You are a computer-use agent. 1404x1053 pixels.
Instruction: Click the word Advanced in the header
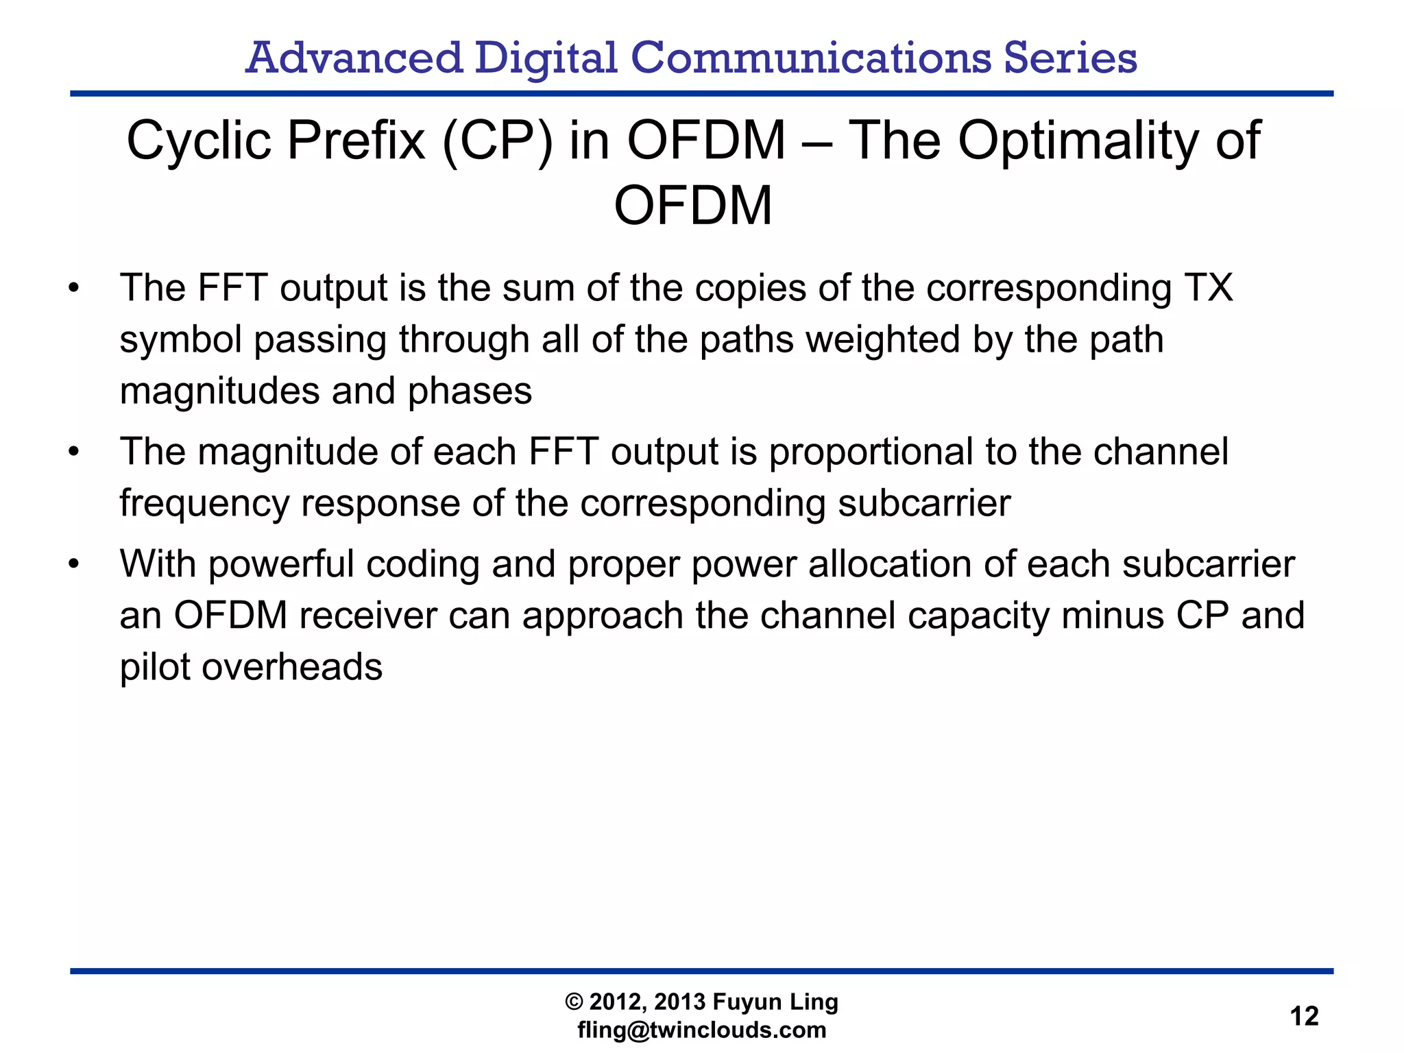[x=354, y=58]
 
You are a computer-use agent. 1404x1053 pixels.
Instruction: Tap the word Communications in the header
[x=811, y=58]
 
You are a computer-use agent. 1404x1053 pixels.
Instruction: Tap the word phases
[x=470, y=391]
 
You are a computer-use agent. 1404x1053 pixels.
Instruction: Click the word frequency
[x=204, y=504]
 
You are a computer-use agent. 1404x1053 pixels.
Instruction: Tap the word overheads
[x=291, y=667]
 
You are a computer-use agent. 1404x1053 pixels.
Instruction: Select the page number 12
[x=1304, y=1016]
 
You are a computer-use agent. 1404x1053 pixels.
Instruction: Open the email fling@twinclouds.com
[x=701, y=1030]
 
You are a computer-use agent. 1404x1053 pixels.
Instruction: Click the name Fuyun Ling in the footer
[x=775, y=1002]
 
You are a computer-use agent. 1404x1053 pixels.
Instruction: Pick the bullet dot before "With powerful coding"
[x=74, y=564]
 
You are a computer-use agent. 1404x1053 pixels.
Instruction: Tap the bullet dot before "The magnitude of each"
[x=74, y=452]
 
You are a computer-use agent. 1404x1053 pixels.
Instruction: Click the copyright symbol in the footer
[x=574, y=1002]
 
